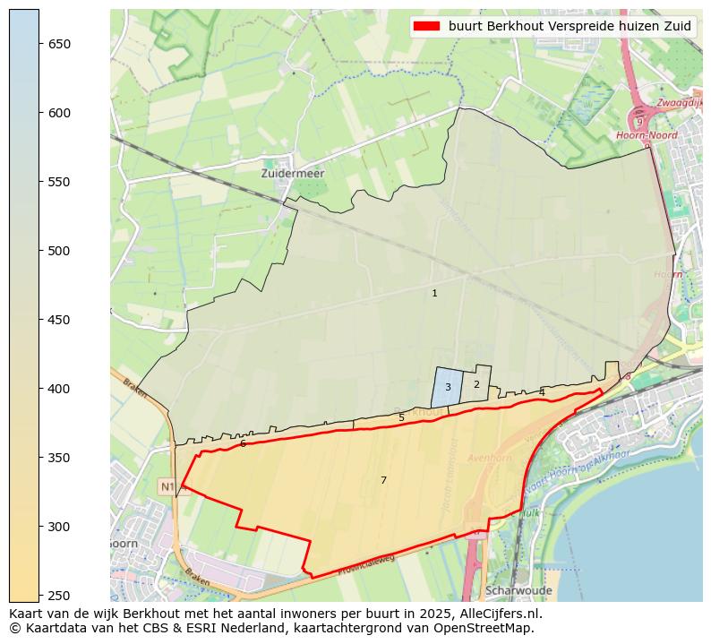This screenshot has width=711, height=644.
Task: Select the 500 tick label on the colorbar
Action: [59, 251]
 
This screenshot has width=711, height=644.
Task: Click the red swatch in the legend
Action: [428, 26]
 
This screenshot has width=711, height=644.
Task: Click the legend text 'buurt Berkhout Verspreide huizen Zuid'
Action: [570, 26]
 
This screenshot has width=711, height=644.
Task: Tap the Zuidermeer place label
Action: [293, 173]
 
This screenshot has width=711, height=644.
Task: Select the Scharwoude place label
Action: [518, 591]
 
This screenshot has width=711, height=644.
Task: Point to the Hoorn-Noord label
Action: [647, 135]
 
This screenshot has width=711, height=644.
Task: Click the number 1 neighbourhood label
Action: [434, 293]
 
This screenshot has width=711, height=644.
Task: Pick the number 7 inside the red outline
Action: [383, 480]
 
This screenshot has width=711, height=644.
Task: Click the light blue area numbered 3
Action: [448, 387]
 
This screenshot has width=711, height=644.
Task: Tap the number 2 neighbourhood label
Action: [476, 384]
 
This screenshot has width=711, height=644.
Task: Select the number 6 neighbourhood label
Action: [243, 443]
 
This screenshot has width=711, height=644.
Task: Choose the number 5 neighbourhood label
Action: [401, 417]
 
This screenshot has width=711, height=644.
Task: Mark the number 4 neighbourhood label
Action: [542, 392]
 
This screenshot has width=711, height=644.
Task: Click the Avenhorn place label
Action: [489, 457]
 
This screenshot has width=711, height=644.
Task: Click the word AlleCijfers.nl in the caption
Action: [497, 614]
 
